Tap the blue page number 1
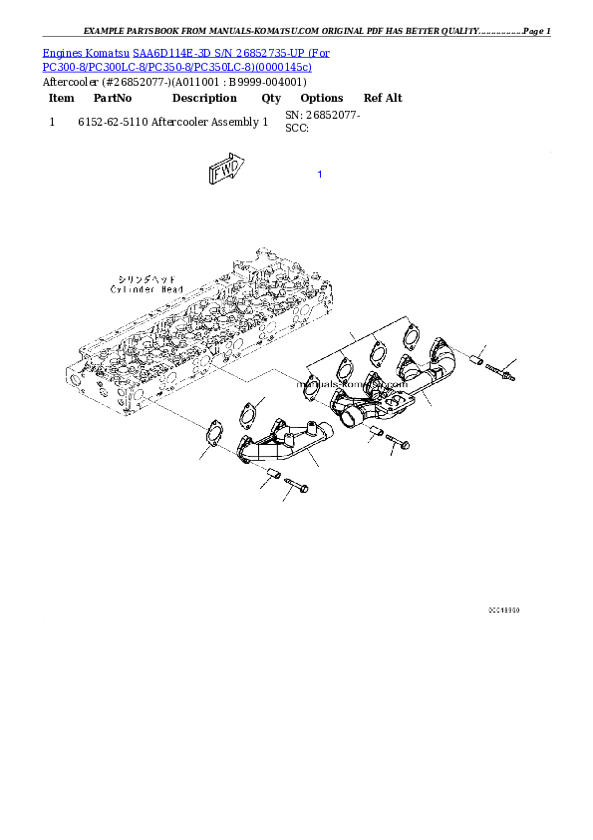[319, 175]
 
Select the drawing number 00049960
[503, 609]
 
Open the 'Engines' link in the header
[62, 52]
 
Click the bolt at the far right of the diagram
[502, 372]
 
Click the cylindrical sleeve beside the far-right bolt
[475, 356]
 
